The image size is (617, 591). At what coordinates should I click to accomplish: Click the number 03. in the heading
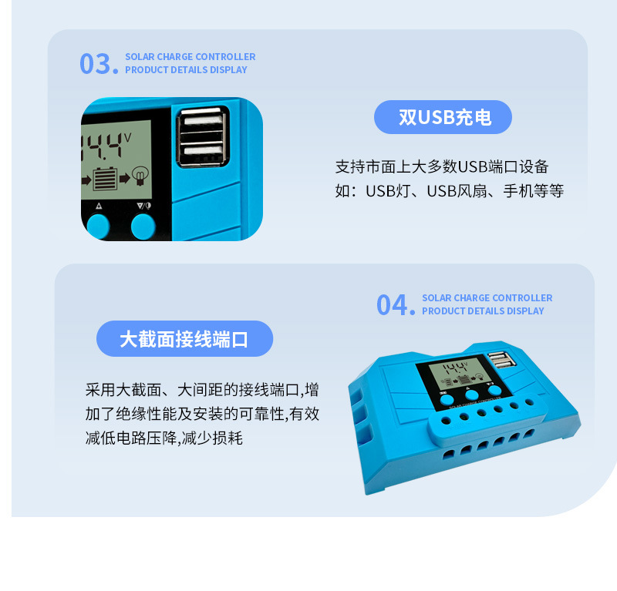pyautogui.click(x=99, y=64)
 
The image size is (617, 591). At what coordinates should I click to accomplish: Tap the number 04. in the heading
pyautogui.click(x=396, y=305)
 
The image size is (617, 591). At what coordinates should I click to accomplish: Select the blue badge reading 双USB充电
pyautogui.click(x=443, y=117)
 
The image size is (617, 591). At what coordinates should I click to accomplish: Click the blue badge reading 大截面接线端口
pyautogui.click(x=184, y=339)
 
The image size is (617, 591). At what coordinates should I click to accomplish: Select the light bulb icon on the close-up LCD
pyautogui.click(x=140, y=176)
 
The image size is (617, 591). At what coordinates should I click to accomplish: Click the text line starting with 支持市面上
pyautogui.click(x=442, y=166)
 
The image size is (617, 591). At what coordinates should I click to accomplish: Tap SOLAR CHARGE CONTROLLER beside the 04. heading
pyautogui.click(x=487, y=298)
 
